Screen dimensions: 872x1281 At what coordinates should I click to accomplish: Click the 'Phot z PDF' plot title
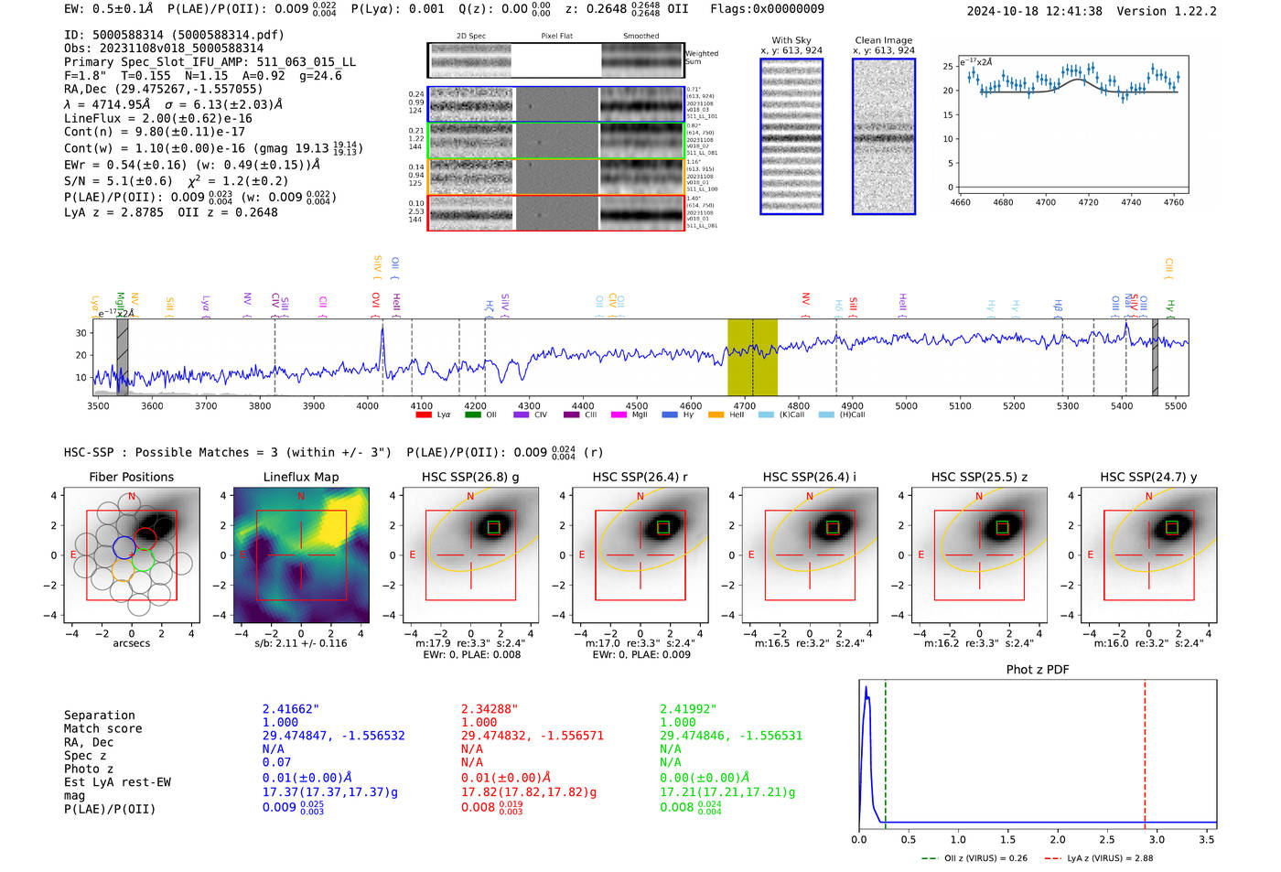tap(1038, 670)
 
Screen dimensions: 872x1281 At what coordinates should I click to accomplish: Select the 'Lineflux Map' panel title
tap(300, 477)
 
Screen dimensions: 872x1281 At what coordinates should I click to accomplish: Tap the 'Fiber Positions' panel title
tap(131, 477)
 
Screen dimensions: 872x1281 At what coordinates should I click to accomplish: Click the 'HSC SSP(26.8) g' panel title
tap(470, 477)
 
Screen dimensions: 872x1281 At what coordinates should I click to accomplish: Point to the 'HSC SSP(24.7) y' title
tap(1148, 477)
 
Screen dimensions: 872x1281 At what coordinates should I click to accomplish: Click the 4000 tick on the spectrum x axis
tap(367, 406)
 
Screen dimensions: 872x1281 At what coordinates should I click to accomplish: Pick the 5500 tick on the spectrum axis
tap(1176, 406)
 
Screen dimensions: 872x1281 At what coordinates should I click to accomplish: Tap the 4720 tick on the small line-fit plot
tap(1088, 202)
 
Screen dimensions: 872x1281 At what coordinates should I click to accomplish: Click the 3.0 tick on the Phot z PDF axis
tap(1157, 839)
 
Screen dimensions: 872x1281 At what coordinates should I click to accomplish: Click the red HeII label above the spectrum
tap(396, 302)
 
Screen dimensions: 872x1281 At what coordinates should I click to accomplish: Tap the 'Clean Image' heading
tap(883, 40)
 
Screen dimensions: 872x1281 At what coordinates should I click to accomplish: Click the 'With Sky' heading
tap(791, 40)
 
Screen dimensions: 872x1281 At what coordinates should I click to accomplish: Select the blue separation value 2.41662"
tap(291, 709)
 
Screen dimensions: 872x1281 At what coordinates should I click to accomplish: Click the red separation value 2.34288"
tap(490, 709)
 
